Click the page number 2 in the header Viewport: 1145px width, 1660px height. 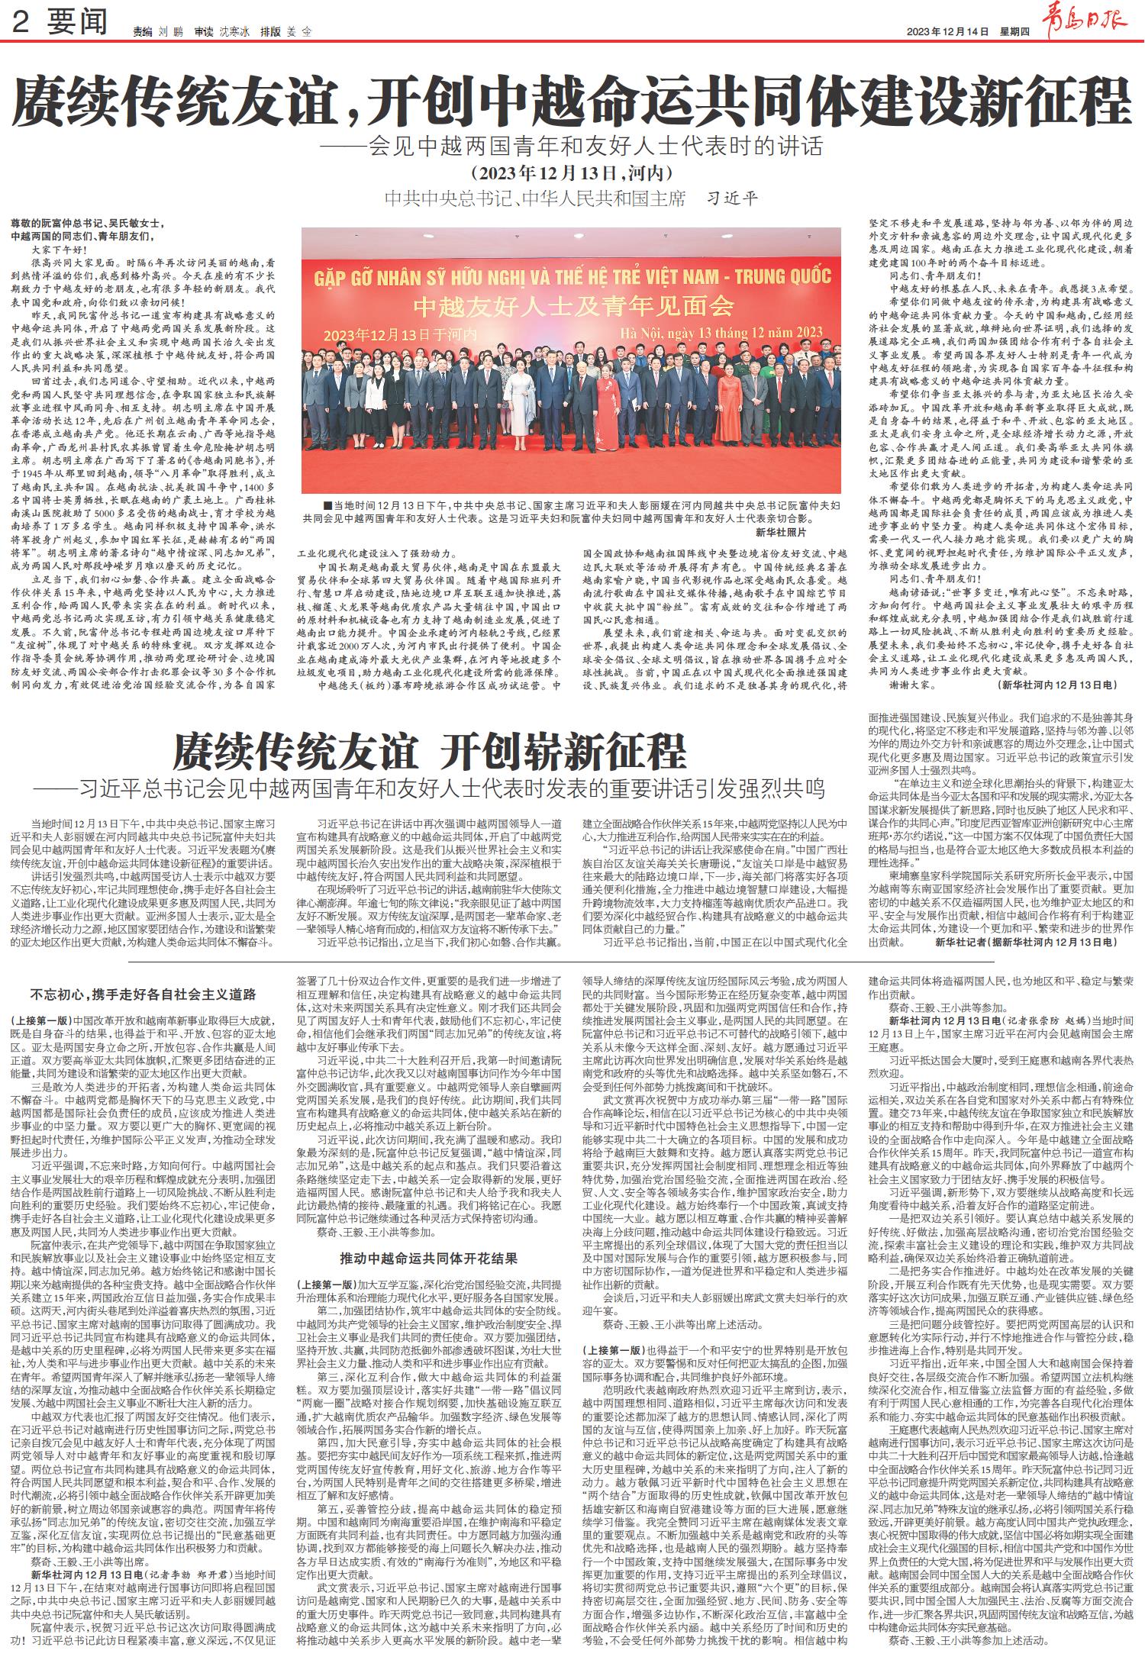[21, 25]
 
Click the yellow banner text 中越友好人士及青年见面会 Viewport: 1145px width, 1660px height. [572, 306]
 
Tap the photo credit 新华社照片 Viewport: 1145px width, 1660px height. [781, 531]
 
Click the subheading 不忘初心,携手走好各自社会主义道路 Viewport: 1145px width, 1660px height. [142, 994]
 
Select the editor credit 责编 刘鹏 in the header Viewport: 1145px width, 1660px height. [153, 32]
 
